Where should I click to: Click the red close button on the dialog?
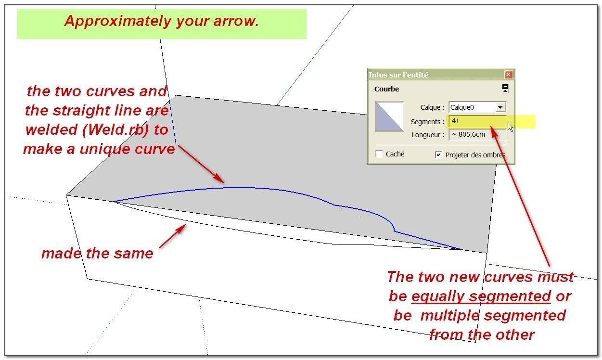tap(508, 75)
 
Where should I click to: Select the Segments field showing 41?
tap(477, 121)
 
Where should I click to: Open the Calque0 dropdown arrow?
tap(500, 107)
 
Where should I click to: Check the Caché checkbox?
tap(379, 154)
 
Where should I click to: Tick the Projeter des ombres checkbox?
tap(438, 155)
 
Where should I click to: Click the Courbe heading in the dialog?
tap(386, 89)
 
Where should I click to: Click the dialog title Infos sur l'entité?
tap(398, 75)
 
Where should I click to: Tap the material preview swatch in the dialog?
tap(389, 116)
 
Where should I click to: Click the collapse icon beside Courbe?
tap(505, 88)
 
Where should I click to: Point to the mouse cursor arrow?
tap(510, 127)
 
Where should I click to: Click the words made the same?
tap(97, 253)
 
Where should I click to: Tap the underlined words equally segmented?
tap(481, 297)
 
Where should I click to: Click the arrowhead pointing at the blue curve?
tap(218, 178)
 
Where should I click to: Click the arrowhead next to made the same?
tap(181, 229)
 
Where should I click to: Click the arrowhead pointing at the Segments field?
tap(494, 131)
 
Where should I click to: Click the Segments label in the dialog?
tap(427, 122)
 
